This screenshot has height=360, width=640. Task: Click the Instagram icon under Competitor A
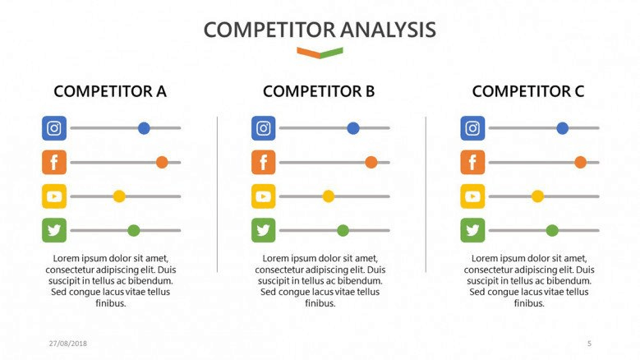(54, 128)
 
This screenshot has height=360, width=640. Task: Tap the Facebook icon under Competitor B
(263, 162)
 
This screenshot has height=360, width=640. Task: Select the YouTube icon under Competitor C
(472, 196)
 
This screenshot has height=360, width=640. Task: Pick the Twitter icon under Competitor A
(54, 230)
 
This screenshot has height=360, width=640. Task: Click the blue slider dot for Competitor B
(353, 128)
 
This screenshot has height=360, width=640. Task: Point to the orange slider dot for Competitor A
(162, 162)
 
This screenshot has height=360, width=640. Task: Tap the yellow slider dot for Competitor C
(537, 196)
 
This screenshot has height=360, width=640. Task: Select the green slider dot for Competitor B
(343, 230)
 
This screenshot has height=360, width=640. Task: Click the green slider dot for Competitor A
(133, 230)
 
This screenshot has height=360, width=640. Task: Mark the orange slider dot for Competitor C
(580, 162)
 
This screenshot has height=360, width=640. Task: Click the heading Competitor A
(110, 91)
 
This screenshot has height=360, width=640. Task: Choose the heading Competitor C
(528, 91)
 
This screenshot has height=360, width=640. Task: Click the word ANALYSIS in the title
(388, 30)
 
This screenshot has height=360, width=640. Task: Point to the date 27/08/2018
(68, 344)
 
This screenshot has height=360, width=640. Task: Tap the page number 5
(589, 344)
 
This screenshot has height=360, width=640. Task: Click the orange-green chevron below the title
(320, 53)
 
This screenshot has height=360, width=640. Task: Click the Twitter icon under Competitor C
(472, 230)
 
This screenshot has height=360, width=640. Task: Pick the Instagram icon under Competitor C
(472, 128)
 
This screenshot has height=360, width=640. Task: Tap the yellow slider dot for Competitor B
(328, 196)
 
